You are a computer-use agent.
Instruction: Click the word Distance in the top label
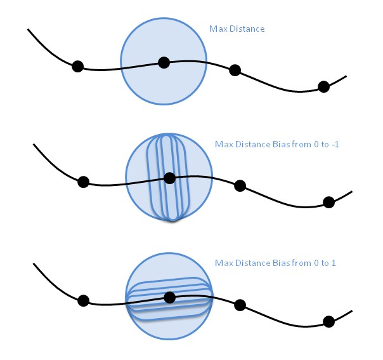[x=246, y=29]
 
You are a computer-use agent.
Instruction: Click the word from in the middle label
[x=302, y=145]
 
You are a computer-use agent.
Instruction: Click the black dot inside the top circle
[x=164, y=62]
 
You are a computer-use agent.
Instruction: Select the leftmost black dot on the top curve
[x=77, y=66]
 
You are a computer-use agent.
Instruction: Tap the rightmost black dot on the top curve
[x=323, y=86]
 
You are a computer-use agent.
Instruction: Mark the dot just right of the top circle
[x=235, y=70]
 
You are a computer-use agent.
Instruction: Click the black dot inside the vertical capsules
[x=169, y=178]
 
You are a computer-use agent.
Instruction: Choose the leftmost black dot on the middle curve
[x=83, y=182]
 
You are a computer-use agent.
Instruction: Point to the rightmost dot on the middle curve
[x=328, y=202]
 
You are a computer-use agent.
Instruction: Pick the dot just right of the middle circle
[x=240, y=185]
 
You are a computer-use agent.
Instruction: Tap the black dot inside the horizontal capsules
[x=169, y=297]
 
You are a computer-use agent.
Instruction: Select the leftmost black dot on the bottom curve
[x=83, y=300]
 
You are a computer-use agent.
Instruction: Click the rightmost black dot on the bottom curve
[x=328, y=321]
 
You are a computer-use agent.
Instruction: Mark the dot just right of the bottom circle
[x=240, y=305]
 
